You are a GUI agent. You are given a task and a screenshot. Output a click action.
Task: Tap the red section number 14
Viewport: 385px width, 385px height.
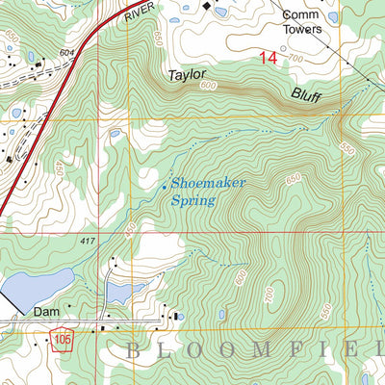(x=268, y=59)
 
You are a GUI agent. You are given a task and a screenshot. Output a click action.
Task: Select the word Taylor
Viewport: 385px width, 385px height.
(x=189, y=74)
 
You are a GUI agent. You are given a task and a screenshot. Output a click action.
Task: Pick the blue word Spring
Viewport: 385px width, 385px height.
(x=192, y=201)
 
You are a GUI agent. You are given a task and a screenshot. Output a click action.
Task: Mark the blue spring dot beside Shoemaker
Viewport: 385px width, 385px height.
(x=165, y=184)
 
